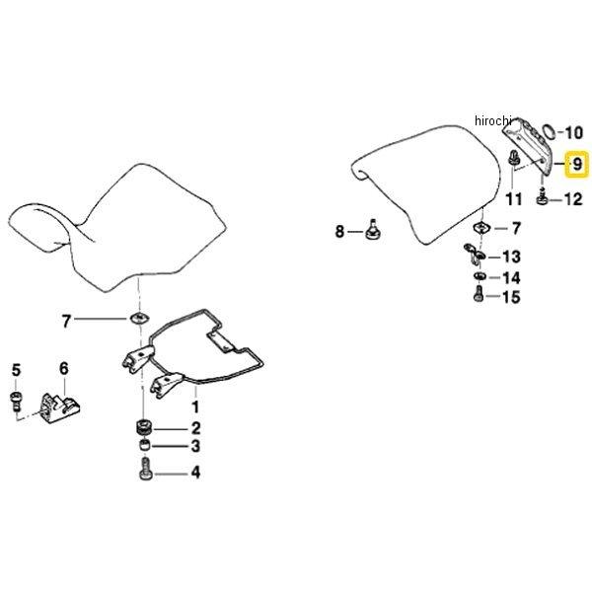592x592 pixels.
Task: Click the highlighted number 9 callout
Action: coord(577,164)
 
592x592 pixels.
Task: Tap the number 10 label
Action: coord(573,133)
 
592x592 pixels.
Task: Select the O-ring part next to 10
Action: coord(549,132)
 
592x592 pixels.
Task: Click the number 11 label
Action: coord(513,199)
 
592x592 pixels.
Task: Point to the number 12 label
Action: coord(572,199)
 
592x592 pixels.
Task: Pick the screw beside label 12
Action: coord(542,197)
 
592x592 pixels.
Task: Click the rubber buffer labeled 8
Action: coord(373,230)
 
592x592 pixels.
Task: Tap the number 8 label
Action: coord(339,231)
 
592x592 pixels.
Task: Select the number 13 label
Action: coord(511,257)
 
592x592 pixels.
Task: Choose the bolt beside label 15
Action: coord(479,294)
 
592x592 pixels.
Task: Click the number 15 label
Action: coord(511,297)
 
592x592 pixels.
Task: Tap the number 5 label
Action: coord(16,370)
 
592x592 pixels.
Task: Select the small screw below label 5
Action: coord(15,401)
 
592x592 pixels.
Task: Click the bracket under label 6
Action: coord(60,407)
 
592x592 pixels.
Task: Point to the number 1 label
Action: coord(195,407)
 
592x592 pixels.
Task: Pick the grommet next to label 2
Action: coord(144,427)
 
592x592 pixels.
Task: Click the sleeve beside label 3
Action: coord(144,446)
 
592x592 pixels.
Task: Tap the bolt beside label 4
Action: coord(145,469)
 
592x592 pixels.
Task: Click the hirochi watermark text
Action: coord(493,120)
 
